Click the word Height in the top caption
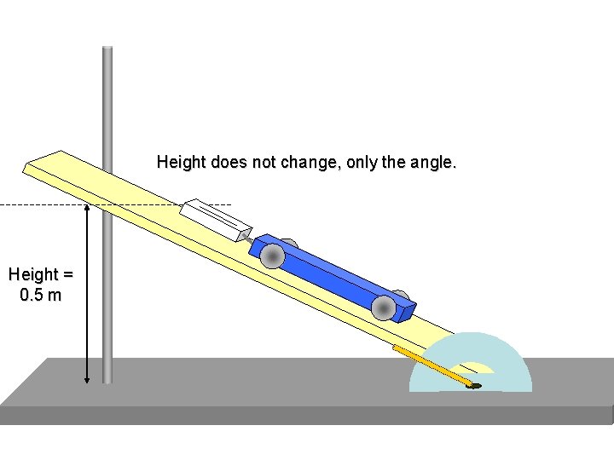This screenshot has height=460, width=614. click(x=177, y=162)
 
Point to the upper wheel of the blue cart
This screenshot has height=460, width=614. click(x=273, y=256)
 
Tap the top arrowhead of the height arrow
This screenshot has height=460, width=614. click(x=87, y=209)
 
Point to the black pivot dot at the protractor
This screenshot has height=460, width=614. click(x=475, y=386)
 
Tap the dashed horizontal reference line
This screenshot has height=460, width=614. click(x=43, y=204)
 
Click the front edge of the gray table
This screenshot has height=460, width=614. click(x=307, y=415)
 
